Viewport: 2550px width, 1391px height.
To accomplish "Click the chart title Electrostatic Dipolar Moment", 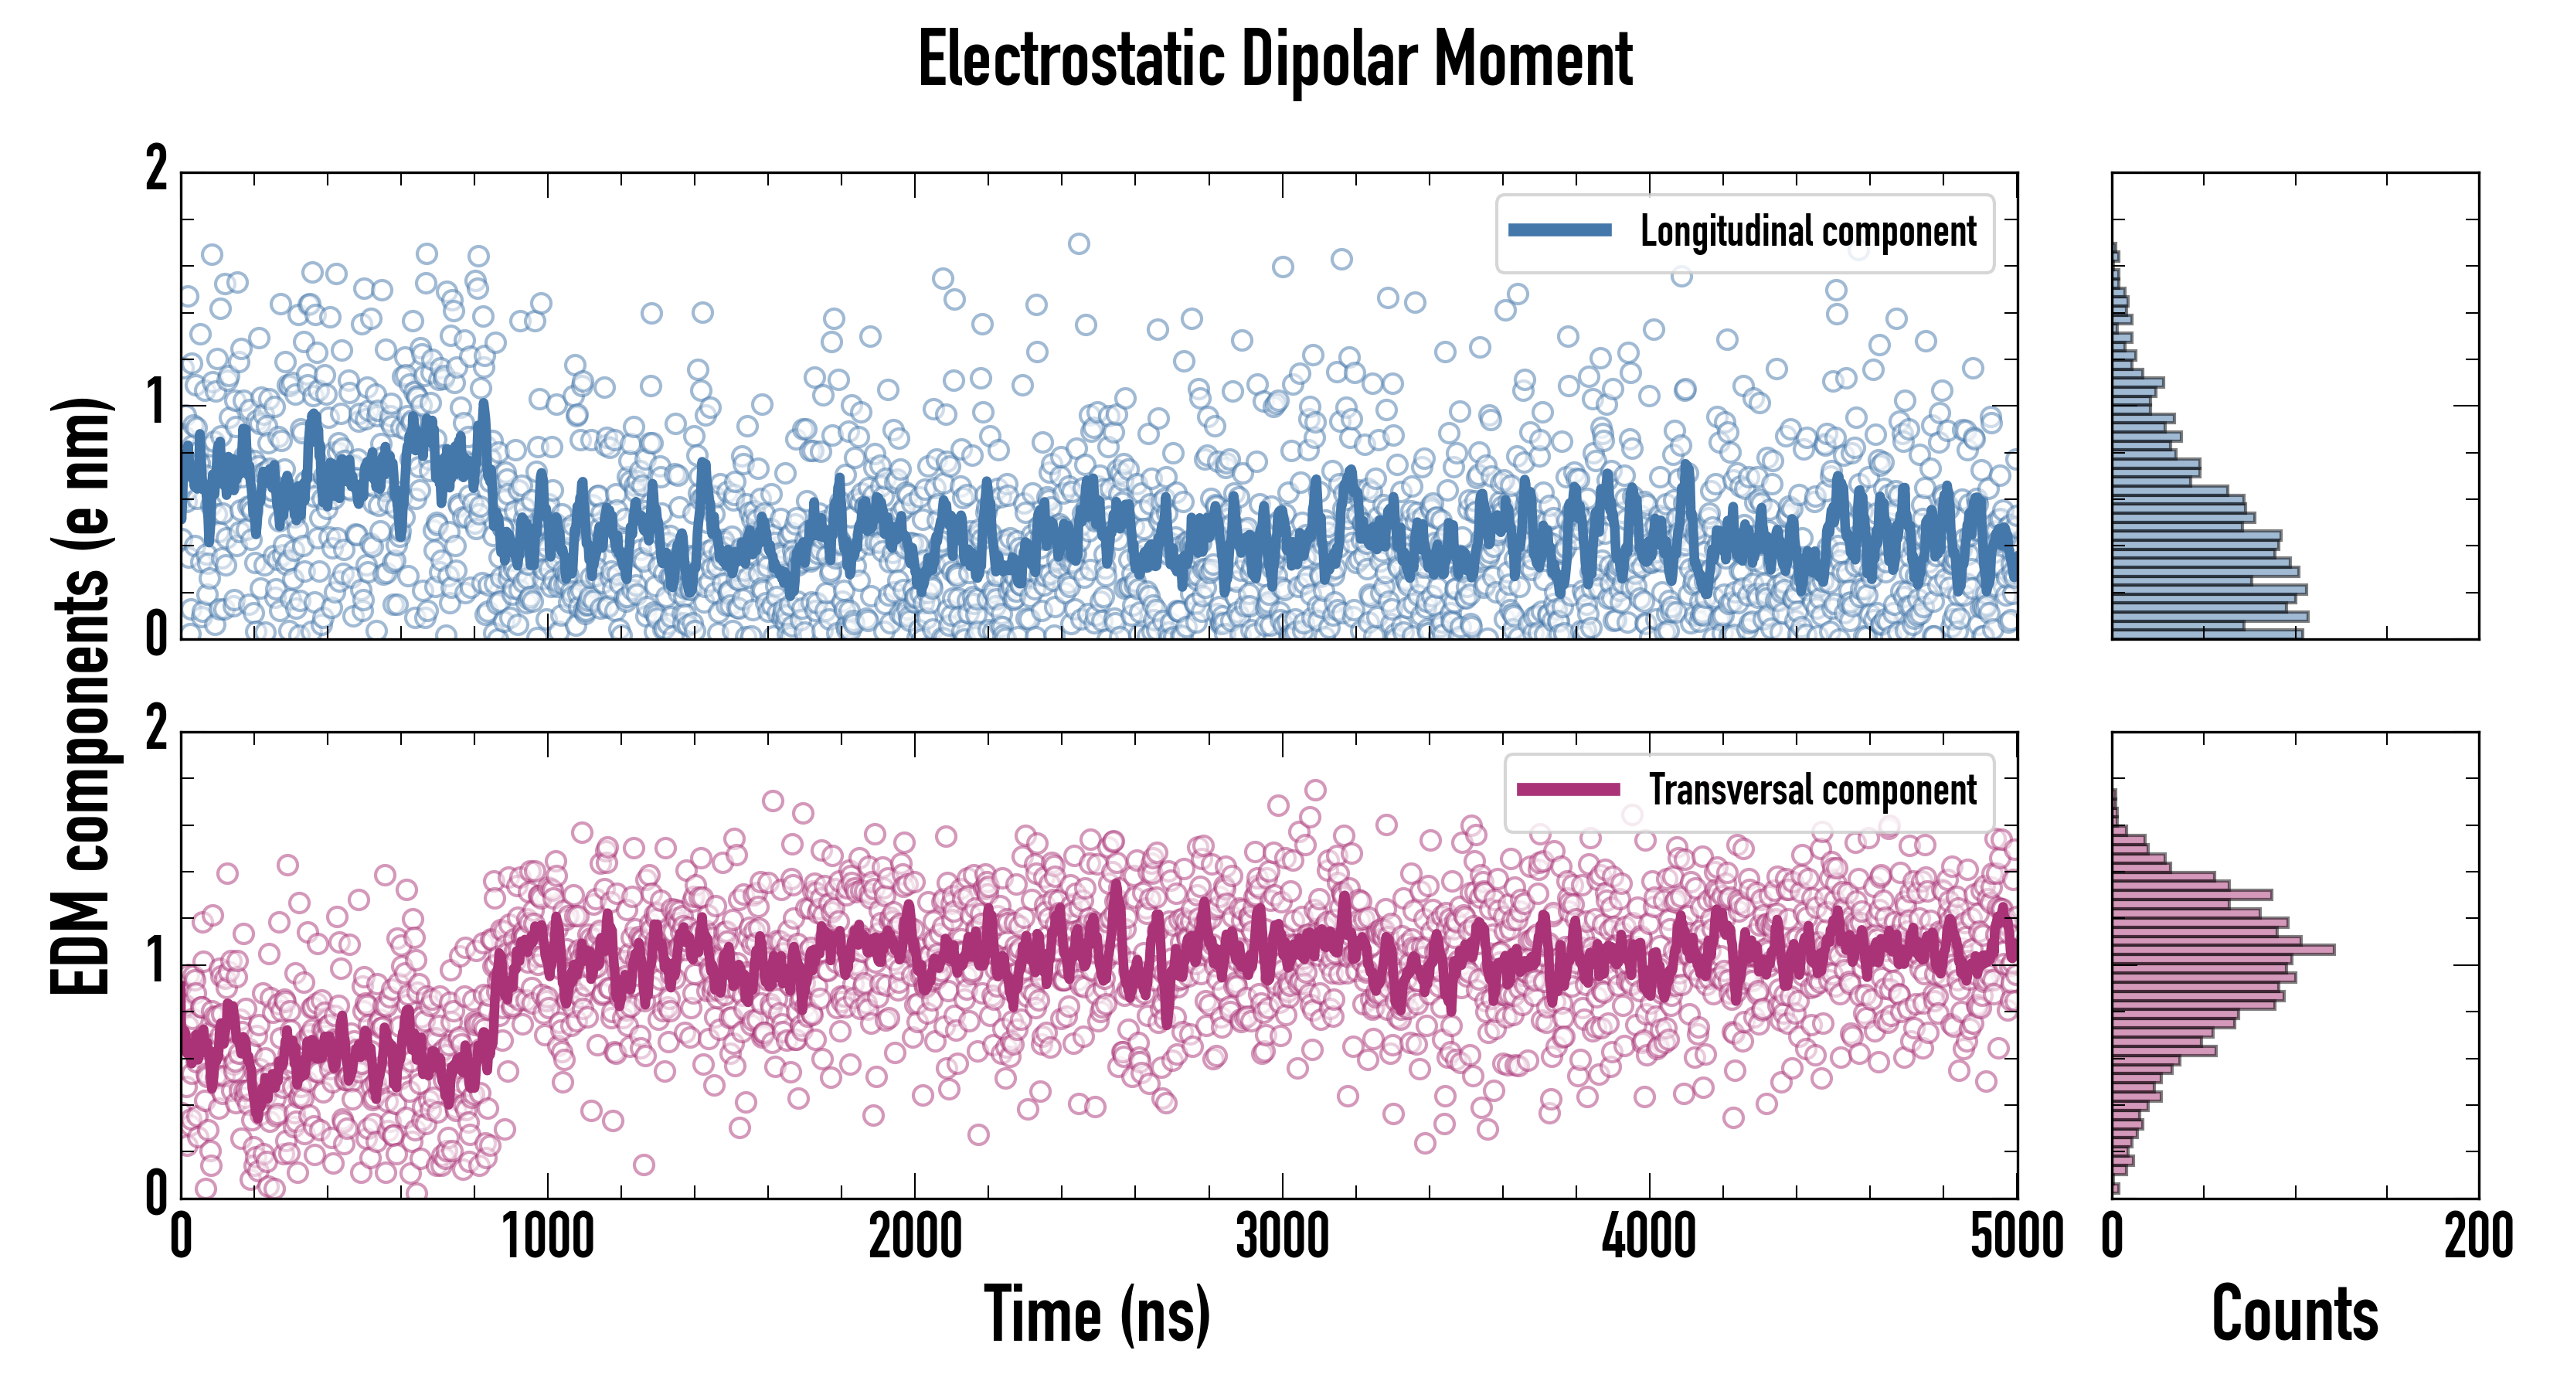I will pyautogui.click(x=1275, y=60).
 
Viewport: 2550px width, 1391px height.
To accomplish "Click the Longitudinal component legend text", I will pyautogui.click(x=1807, y=232).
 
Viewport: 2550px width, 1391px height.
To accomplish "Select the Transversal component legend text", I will pyautogui.click(x=1813, y=790).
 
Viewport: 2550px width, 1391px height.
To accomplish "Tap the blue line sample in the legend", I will pyautogui.click(x=1559, y=230).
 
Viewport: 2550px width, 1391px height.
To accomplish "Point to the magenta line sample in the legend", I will pyautogui.click(x=1568, y=789).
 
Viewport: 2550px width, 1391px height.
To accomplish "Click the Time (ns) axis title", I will pyautogui.click(x=1096, y=1314).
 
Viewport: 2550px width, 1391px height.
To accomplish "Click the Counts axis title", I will pyautogui.click(x=2294, y=1314).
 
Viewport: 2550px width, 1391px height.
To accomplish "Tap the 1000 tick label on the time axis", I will pyautogui.click(x=547, y=1237).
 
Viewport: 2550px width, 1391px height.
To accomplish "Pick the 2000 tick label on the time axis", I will pyautogui.click(x=915, y=1237).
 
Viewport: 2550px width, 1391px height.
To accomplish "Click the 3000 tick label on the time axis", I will pyautogui.click(x=1282, y=1237).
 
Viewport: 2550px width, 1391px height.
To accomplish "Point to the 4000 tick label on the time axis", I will pyautogui.click(x=1649, y=1237).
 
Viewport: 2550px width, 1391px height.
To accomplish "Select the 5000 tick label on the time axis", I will pyautogui.click(x=2017, y=1237).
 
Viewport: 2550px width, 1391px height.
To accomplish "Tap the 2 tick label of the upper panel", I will pyautogui.click(x=156, y=169).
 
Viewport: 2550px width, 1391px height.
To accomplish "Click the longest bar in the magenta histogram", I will pyautogui.click(x=2222, y=951).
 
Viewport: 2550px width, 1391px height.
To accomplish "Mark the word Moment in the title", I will pyautogui.click(x=1532, y=60).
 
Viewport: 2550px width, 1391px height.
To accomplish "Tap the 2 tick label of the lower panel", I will pyautogui.click(x=156, y=730).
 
